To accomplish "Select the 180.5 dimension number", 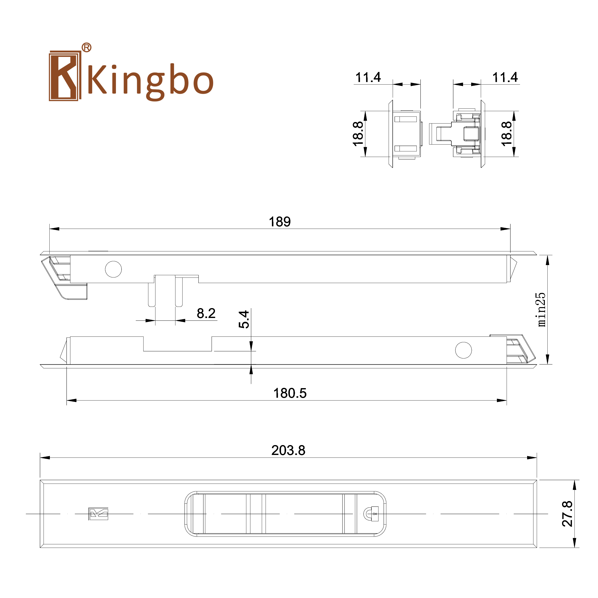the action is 290,393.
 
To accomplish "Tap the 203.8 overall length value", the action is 288,450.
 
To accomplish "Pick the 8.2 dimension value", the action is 206,313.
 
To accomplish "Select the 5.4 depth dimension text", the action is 244,319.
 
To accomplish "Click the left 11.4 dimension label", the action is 368,77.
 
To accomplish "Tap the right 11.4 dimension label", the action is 505,77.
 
